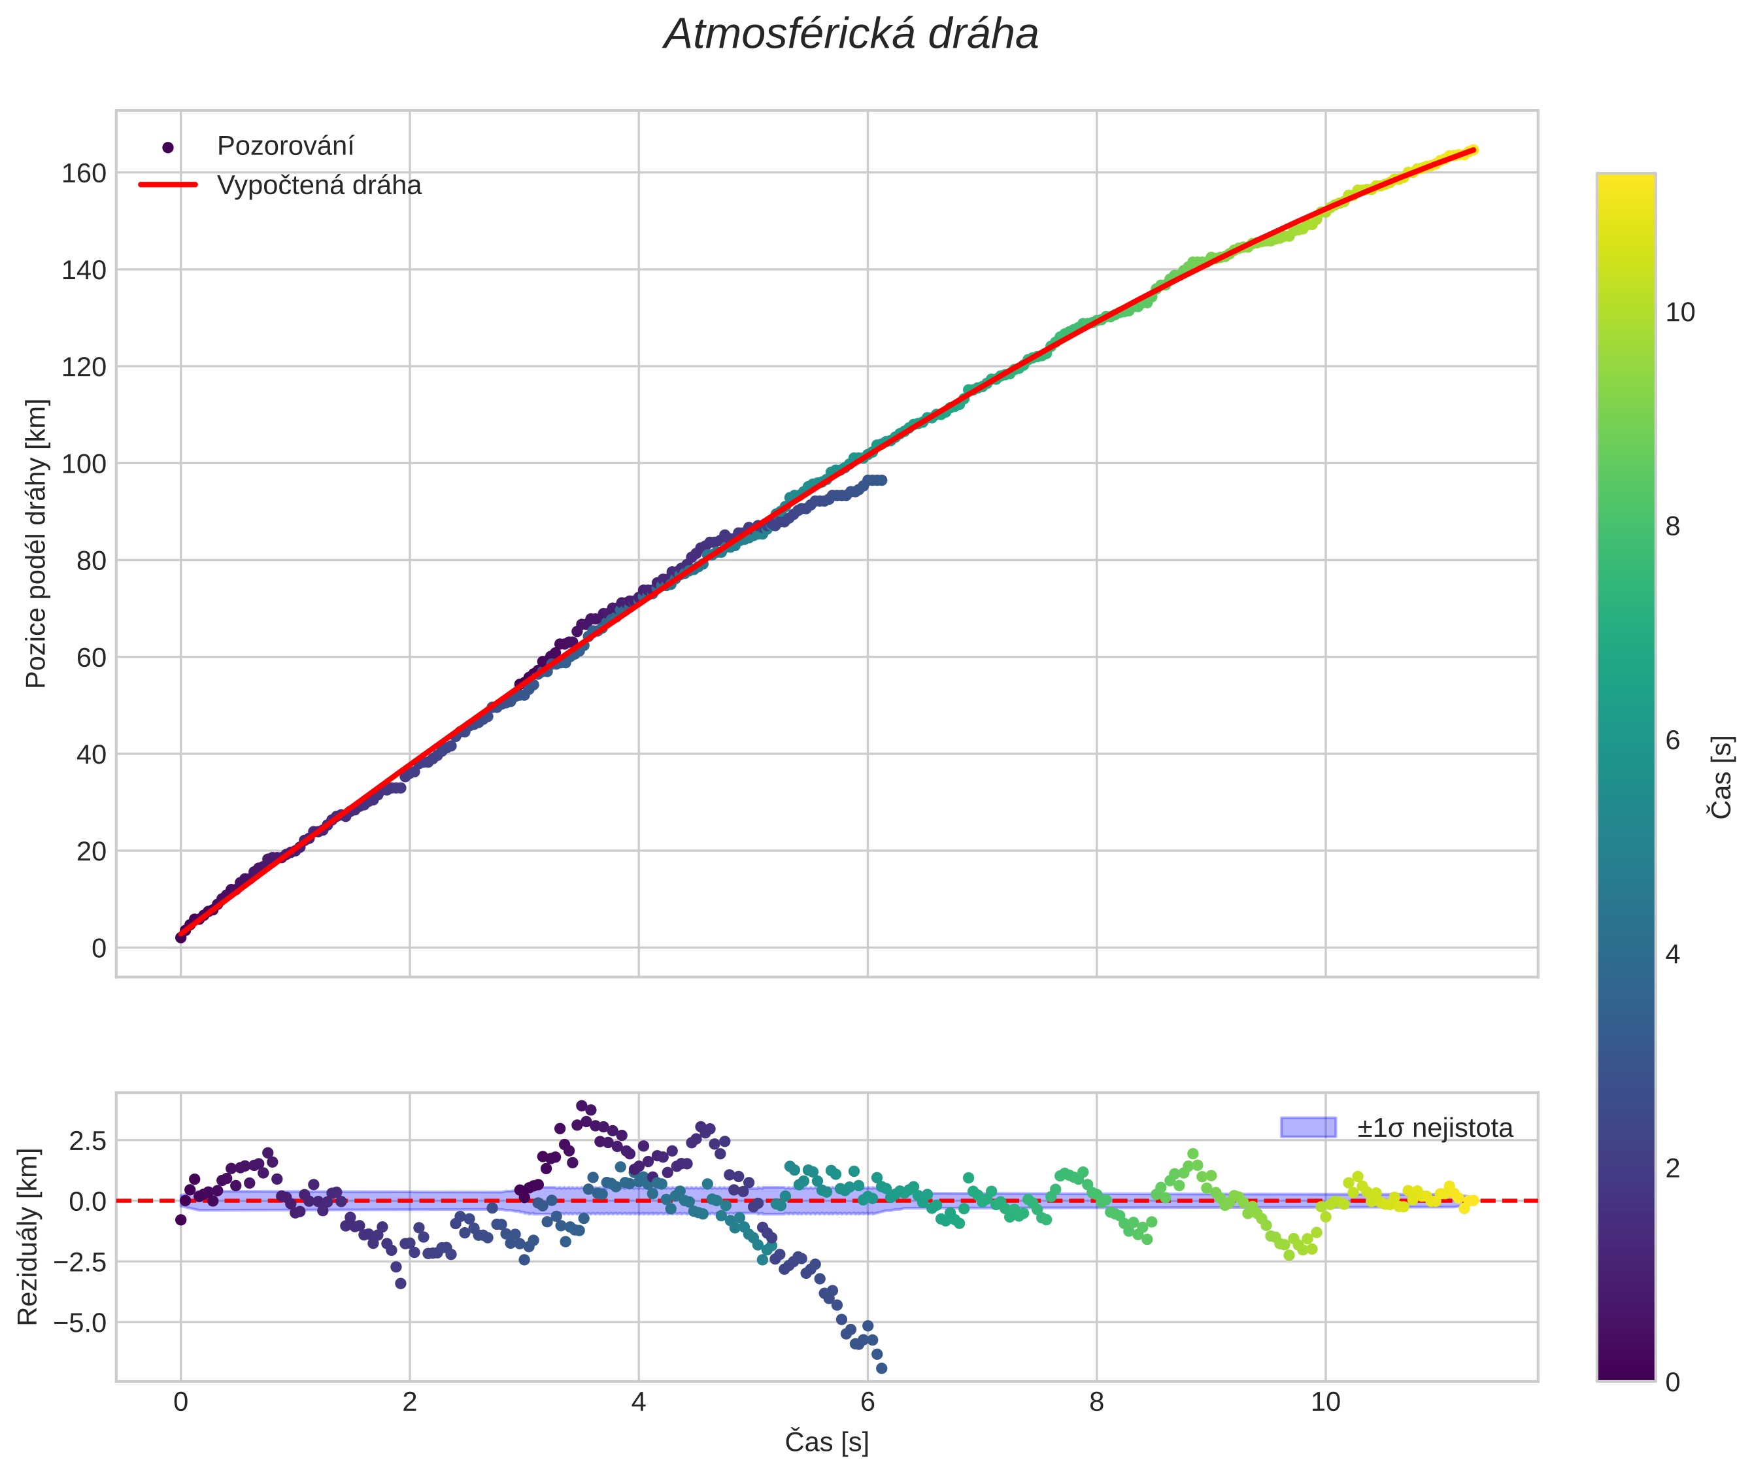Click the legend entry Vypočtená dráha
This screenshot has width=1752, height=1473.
click(319, 186)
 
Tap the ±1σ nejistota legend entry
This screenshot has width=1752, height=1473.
click(1434, 1128)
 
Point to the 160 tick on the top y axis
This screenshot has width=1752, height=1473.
click(84, 174)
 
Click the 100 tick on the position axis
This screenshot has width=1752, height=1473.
click(84, 464)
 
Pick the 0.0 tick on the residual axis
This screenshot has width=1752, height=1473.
click(87, 1202)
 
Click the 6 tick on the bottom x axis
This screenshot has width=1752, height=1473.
click(867, 1402)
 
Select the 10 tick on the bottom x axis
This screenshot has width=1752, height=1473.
click(1324, 1402)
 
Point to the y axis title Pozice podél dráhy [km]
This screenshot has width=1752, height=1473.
click(36, 543)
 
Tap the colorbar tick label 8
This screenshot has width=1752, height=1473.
click(1672, 527)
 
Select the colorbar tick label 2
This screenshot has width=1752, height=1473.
click(1672, 1168)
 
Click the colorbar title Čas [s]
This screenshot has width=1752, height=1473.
click(1720, 777)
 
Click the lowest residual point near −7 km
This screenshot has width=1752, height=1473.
click(881, 1368)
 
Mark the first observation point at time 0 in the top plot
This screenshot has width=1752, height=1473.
click(180, 938)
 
